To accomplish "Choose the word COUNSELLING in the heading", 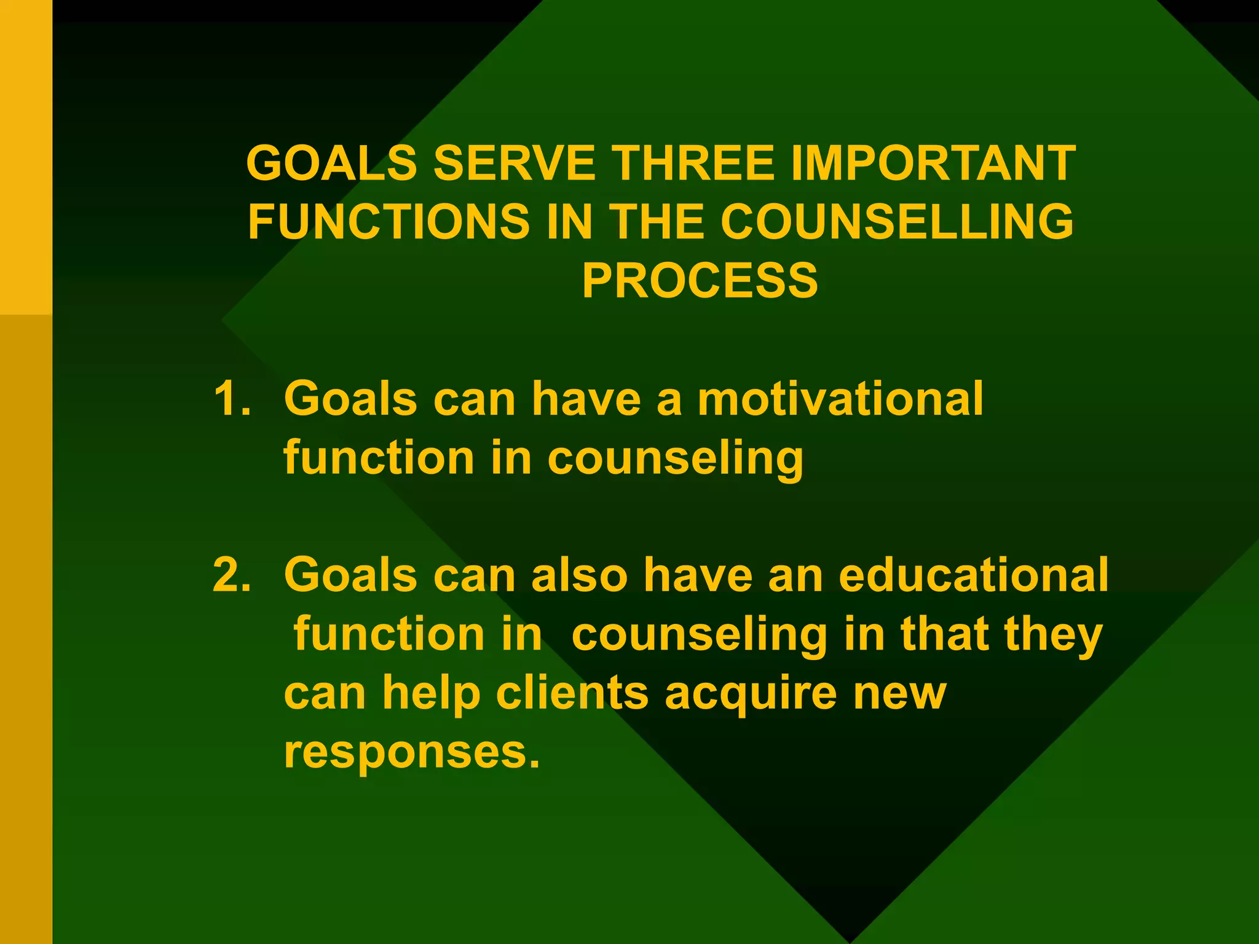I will (897, 221).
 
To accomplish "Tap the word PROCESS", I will (700, 280).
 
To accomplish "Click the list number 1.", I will (232, 398).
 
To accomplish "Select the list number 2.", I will (232, 575).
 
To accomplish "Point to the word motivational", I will (840, 398).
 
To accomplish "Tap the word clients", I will (572, 693).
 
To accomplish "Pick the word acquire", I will (751, 693).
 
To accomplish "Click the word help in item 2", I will (431, 693).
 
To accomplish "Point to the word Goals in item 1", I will (350, 398).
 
